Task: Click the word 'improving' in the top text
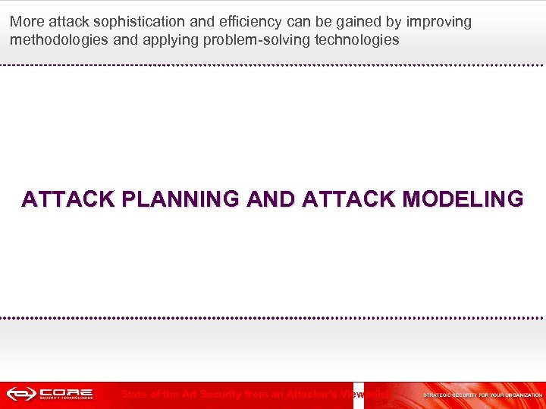[438, 22]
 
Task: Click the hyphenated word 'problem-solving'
[252, 40]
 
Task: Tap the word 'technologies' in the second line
[355, 40]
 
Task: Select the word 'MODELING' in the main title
[464, 199]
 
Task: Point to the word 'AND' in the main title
[262, 199]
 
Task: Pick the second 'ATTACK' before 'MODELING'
[347, 199]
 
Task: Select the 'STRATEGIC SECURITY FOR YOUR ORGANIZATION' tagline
[482, 395]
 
